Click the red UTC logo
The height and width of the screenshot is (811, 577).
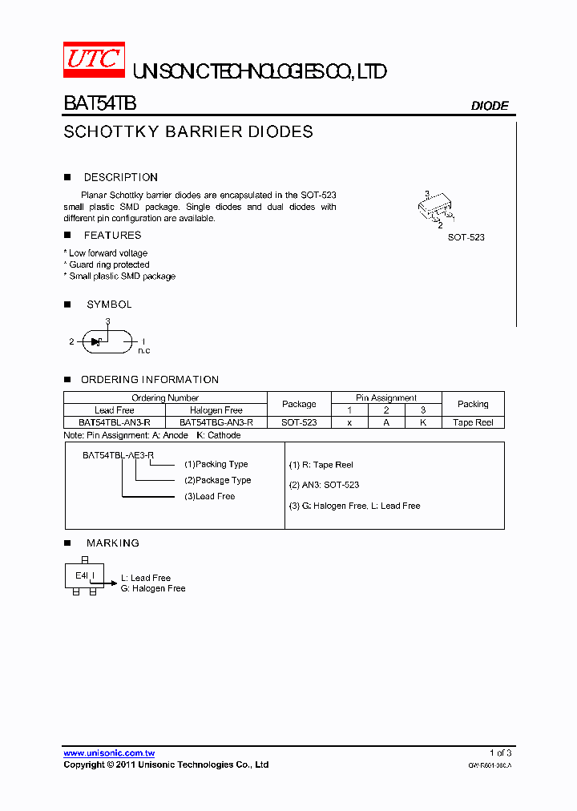[x=94, y=59]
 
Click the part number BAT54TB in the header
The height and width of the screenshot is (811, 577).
[x=100, y=104]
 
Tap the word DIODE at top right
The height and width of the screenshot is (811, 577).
[x=489, y=106]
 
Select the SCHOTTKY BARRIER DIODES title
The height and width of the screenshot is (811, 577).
[x=188, y=132]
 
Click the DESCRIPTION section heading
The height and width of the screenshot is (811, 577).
[x=121, y=177]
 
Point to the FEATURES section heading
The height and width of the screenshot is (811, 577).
[x=112, y=235]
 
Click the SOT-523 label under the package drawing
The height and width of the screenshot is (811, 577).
[x=466, y=237]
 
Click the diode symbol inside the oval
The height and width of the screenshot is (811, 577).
[x=97, y=341]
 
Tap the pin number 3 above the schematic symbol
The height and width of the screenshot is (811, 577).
[x=107, y=321]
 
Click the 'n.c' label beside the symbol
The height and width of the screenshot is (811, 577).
[x=144, y=350]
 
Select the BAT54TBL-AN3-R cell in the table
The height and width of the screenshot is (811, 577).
[x=115, y=422]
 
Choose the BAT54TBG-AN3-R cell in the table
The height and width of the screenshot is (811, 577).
[x=216, y=422]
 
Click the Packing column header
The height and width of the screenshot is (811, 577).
[x=473, y=404]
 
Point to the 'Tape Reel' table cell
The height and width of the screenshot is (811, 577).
[x=473, y=422]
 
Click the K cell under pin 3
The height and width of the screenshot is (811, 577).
[x=423, y=422]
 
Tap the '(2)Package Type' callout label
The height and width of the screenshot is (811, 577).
[x=218, y=480]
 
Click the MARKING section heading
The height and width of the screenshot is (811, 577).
[x=113, y=543]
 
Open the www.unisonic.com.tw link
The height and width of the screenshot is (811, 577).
[x=109, y=752]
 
